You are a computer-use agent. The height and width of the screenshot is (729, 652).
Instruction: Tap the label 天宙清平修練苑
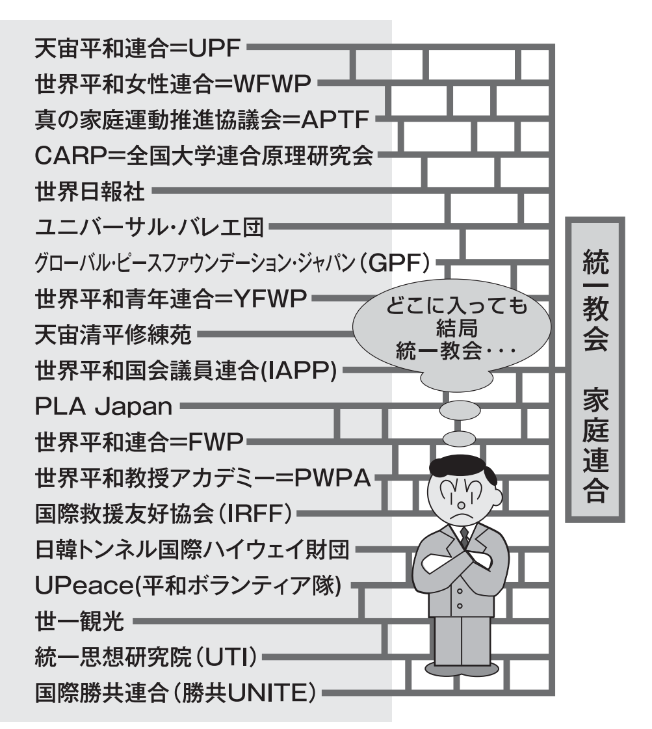pos(112,336)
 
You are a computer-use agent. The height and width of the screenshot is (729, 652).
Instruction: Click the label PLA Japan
pos(103,408)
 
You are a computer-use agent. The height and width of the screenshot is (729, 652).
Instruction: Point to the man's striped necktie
pos(464,537)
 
